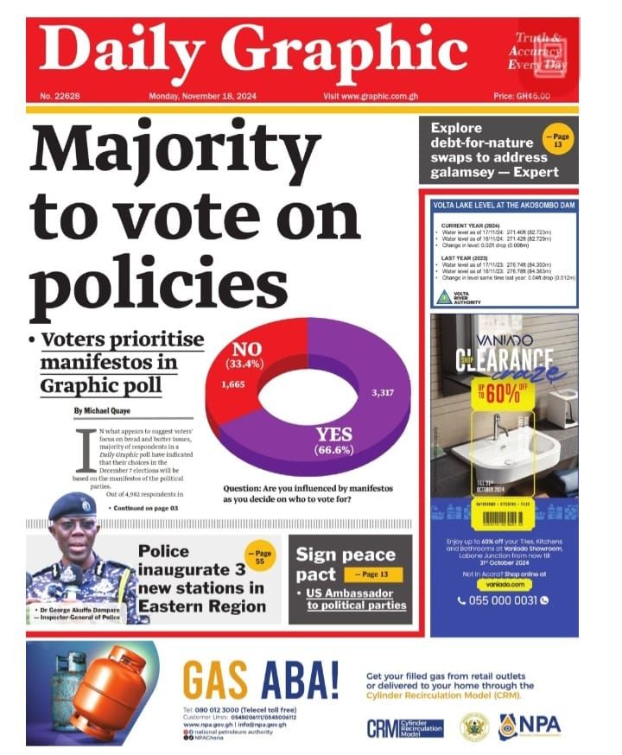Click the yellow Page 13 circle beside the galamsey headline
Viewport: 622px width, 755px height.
click(556, 140)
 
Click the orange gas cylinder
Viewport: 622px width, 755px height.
click(103, 691)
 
